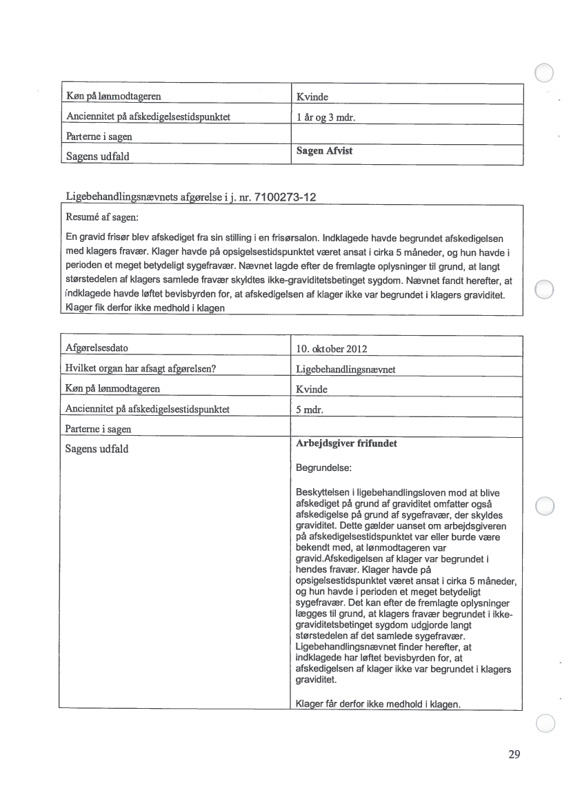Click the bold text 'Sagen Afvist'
point(324,151)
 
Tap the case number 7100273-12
point(285,198)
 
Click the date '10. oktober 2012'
point(327,348)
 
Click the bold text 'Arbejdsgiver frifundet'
point(345,444)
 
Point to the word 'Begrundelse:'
point(323,467)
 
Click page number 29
point(514,754)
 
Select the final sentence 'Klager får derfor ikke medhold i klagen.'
point(377,704)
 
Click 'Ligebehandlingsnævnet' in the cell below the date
point(345,369)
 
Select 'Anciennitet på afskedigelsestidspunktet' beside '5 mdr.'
point(147,409)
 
